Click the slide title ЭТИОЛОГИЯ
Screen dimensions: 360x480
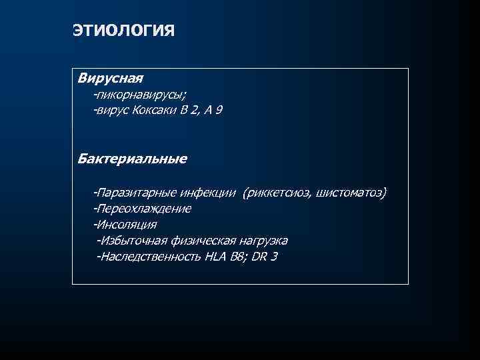click(x=123, y=31)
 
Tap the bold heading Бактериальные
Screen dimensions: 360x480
click(x=132, y=159)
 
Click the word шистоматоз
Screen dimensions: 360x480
click(x=351, y=193)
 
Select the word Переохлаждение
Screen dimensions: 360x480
click(x=144, y=209)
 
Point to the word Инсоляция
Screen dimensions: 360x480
click(x=127, y=225)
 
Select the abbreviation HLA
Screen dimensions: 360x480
click(x=217, y=257)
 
